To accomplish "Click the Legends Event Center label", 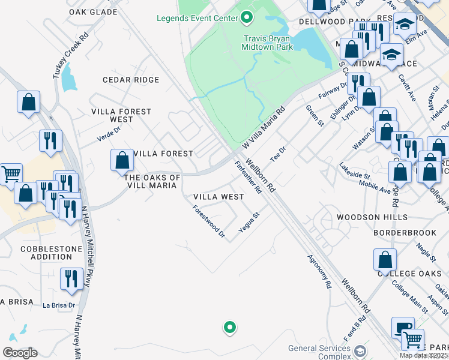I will (197, 18).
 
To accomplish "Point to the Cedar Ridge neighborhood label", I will (131, 80).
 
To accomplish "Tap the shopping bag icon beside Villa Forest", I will (121, 160).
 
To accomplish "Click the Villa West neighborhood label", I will (218, 197).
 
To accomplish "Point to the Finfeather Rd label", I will (248, 178).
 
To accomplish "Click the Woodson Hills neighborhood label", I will (372, 217).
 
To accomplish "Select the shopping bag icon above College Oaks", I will (385, 260).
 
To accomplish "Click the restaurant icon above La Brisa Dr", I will (71, 278).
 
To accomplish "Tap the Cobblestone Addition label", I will (46, 253).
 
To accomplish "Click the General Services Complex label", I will (319, 352).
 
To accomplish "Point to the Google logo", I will (20, 353).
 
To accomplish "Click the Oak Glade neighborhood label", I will (93, 12).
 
